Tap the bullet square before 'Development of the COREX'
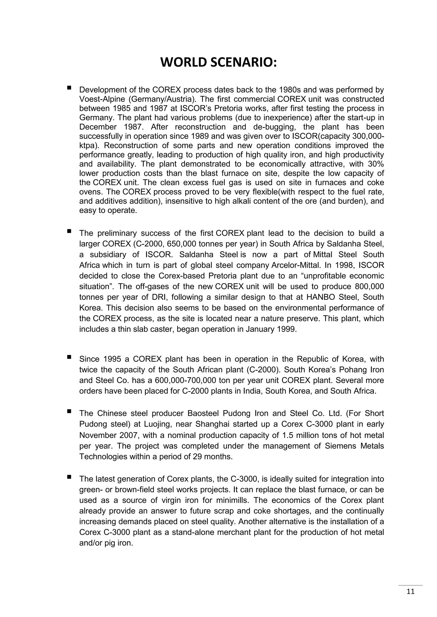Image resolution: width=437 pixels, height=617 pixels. click(69, 88)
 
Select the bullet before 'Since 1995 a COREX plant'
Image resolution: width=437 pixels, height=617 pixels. click(69, 357)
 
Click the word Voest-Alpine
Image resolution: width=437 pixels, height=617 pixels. click(102, 99)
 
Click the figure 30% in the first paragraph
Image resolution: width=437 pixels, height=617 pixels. click(376, 164)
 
